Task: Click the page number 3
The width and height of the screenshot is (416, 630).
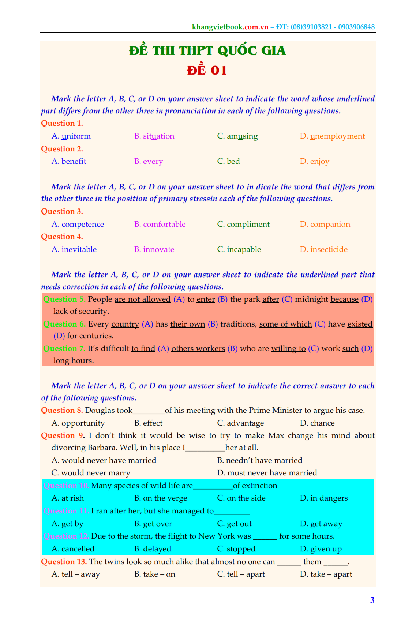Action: pyautogui.click(x=372, y=600)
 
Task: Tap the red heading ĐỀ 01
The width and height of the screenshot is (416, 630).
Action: pyautogui.click(x=207, y=70)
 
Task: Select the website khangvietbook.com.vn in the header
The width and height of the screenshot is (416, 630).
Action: pyautogui.click(x=230, y=27)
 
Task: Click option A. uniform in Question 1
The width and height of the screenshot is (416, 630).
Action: pyautogui.click(x=71, y=136)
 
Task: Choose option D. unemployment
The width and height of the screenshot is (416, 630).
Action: pyautogui.click(x=332, y=136)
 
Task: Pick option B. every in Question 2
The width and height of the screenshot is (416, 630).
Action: pyautogui.click(x=148, y=161)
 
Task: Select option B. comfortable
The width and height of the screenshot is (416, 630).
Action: pyautogui.click(x=160, y=224)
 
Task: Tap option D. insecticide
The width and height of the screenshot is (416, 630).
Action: pyautogui.click(x=323, y=249)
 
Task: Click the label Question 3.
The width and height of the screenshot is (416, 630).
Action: pyautogui.click(x=62, y=211)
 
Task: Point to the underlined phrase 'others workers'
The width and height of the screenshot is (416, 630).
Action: pyautogui.click(x=198, y=348)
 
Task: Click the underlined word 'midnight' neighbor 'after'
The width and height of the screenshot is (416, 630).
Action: pyautogui.click(x=271, y=299)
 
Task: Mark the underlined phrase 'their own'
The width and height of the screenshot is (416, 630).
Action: pyautogui.click(x=187, y=324)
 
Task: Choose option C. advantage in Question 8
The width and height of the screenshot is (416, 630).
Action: pyautogui.click(x=240, y=423)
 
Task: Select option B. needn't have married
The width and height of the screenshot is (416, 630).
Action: pyautogui.click(x=259, y=460)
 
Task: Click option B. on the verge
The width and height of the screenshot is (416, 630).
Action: pyautogui.click(x=161, y=498)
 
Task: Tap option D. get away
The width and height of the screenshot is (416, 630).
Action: pyautogui.click(x=321, y=524)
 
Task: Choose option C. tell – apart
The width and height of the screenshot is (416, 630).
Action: pyautogui.click(x=241, y=574)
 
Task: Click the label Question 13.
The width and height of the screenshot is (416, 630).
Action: pyautogui.click(x=64, y=562)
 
